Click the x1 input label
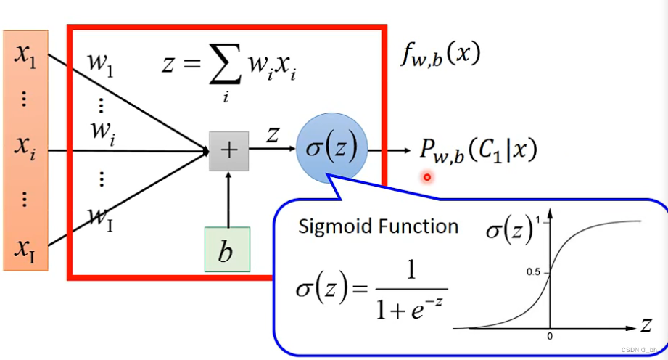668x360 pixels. pos(25,57)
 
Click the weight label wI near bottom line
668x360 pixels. pos(100,218)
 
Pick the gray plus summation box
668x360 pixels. pos(228,150)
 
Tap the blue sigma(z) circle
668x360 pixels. pos(332,150)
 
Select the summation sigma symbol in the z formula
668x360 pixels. pos(226,69)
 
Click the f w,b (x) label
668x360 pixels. pos(440,56)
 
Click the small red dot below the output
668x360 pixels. pos(427,176)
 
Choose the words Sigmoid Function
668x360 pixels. pos(378,226)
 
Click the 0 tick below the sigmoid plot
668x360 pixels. pos(550,337)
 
